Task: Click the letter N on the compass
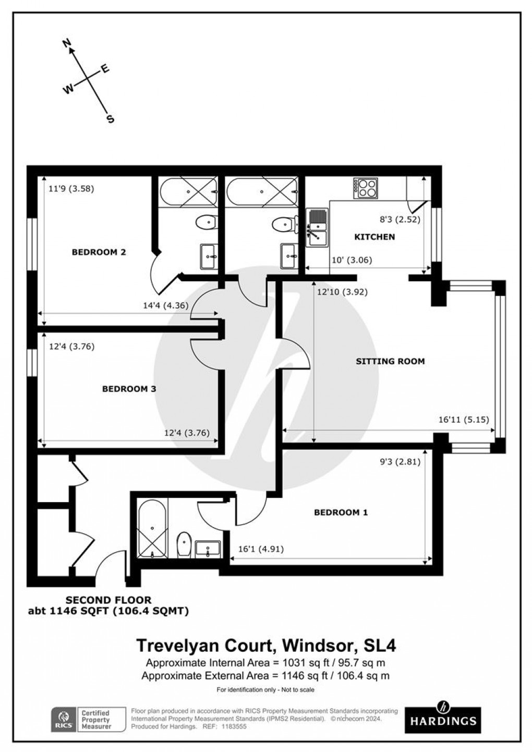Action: click(67, 44)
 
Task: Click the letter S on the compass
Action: click(110, 119)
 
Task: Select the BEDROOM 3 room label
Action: click(129, 389)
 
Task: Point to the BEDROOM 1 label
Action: click(341, 512)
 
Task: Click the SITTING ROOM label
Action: click(390, 361)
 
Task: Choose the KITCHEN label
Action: click(374, 237)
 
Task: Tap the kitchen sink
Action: click(317, 228)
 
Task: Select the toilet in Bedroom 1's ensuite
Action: click(184, 545)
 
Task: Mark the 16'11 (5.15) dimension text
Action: click(463, 419)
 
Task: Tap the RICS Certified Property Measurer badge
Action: click(88, 720)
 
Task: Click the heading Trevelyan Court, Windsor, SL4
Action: click(266, 646)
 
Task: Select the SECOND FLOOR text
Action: click(108, 600)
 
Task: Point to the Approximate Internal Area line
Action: click(266, 663)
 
